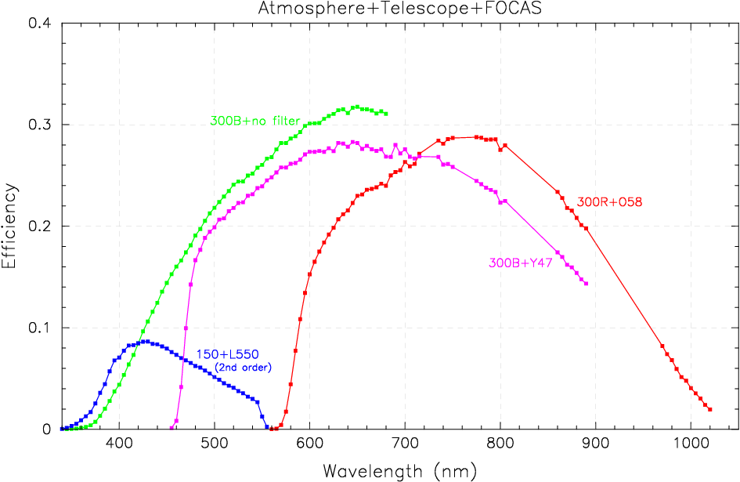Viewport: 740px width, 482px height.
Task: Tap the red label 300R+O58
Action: [x=609, y=202]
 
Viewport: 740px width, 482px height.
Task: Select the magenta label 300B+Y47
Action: [x=522, y=263]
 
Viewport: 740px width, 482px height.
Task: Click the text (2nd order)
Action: [x=243, y=368]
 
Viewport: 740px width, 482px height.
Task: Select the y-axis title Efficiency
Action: [x=10, y=227]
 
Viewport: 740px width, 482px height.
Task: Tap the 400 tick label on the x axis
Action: [x=119, y=444]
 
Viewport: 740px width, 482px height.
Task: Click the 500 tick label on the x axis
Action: [x=215, y=444]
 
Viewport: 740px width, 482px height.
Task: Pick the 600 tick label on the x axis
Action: [x=309, y=444]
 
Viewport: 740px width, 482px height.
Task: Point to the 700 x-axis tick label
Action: [x=405, y=444]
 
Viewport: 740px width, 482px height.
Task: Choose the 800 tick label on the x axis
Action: [x=500, y=444]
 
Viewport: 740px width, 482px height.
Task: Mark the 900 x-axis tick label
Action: [x=596, y=444]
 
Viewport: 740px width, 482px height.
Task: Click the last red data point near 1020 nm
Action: [x=709, y=409]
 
